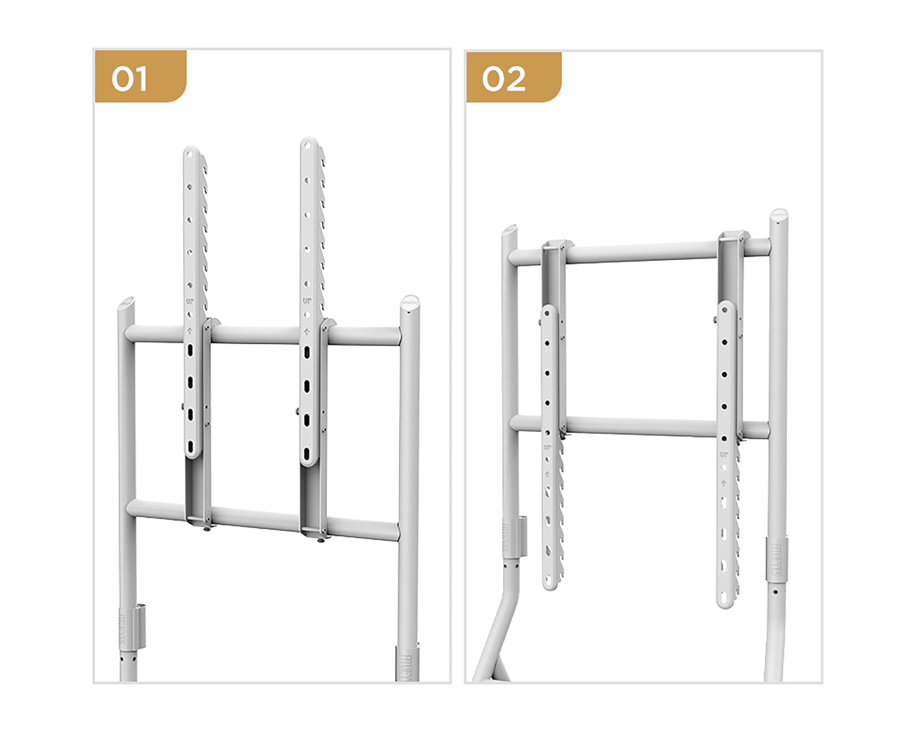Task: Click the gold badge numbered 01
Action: tap(140, 77)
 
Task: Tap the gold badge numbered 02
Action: tap(513, 77)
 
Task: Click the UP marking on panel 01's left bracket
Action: tap(190, 301)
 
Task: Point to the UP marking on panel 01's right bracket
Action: tap(307, 301)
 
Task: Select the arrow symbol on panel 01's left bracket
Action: tap(190, 331)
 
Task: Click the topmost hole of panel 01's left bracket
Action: tap(191, 154)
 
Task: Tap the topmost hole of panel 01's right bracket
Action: tap(308, 146)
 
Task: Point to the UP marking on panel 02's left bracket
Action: tap(547, 447)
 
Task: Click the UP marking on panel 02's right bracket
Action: tap(724, 454)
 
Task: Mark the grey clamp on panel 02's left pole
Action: tap(521, 536)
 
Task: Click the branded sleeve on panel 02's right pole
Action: tap(777, 559)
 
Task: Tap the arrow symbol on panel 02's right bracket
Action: tap(724, 483)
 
